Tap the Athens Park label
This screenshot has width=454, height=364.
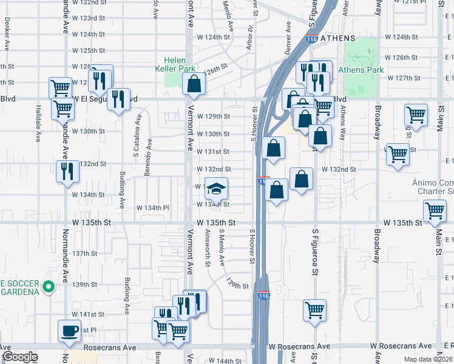pos(361,70)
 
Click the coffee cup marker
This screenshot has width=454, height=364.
pos(69,331)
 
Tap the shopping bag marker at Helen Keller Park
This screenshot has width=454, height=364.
pos(194,85)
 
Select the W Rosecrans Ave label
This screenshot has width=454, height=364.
pos(299,346)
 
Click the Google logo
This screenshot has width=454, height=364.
pos(20,357)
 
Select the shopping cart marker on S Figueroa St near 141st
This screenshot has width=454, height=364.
pos(315,310)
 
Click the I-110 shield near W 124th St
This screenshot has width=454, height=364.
pos(311,39)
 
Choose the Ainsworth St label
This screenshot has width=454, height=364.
pos(208,249)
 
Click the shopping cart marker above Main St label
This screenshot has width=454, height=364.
pos(435,211)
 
